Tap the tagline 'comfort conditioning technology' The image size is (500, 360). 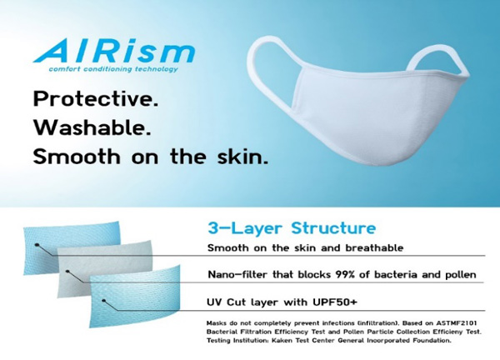(x=113, y=69)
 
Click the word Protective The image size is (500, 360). (x=96, y=99)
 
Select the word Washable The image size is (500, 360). (x=92, y=127)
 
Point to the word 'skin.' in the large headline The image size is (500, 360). (x=242, y=156)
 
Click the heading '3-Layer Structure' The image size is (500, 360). (x=292, y=228)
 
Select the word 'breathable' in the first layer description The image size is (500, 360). (x=374, y=247)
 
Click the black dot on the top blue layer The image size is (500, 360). (x=37, y=245)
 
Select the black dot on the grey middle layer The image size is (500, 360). (x=67, y=272)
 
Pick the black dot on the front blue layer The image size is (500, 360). (x=103, y=300)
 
